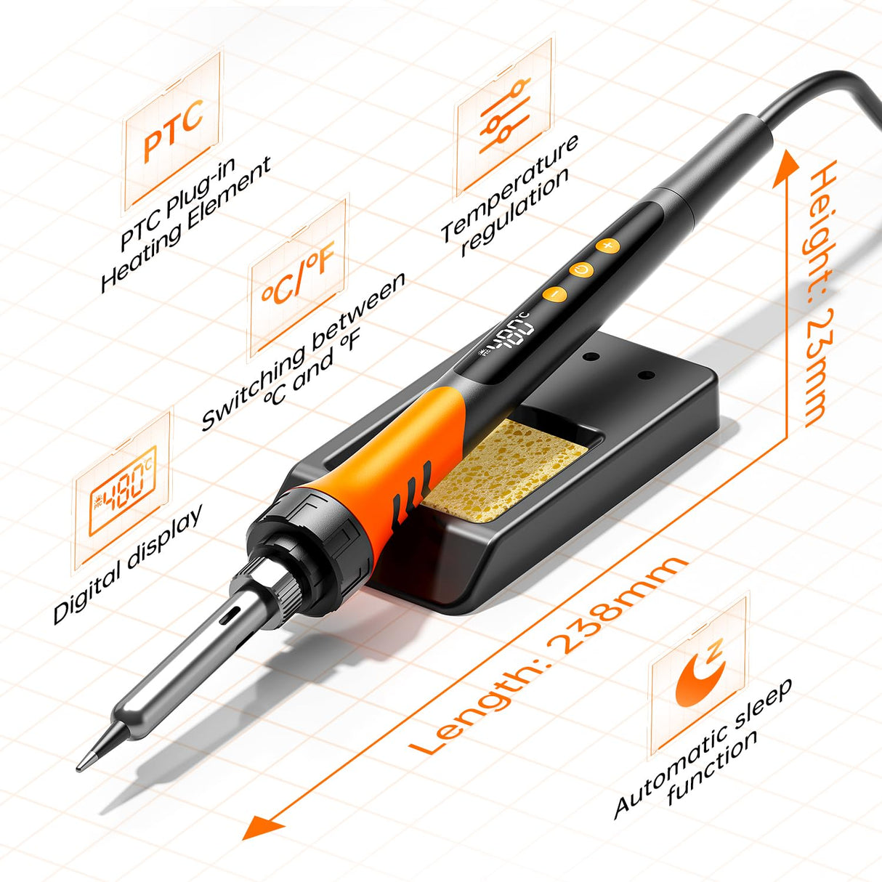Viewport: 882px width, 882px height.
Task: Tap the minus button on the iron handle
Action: pos(554,294)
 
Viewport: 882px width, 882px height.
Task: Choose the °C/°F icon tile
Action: pos(299,280)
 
